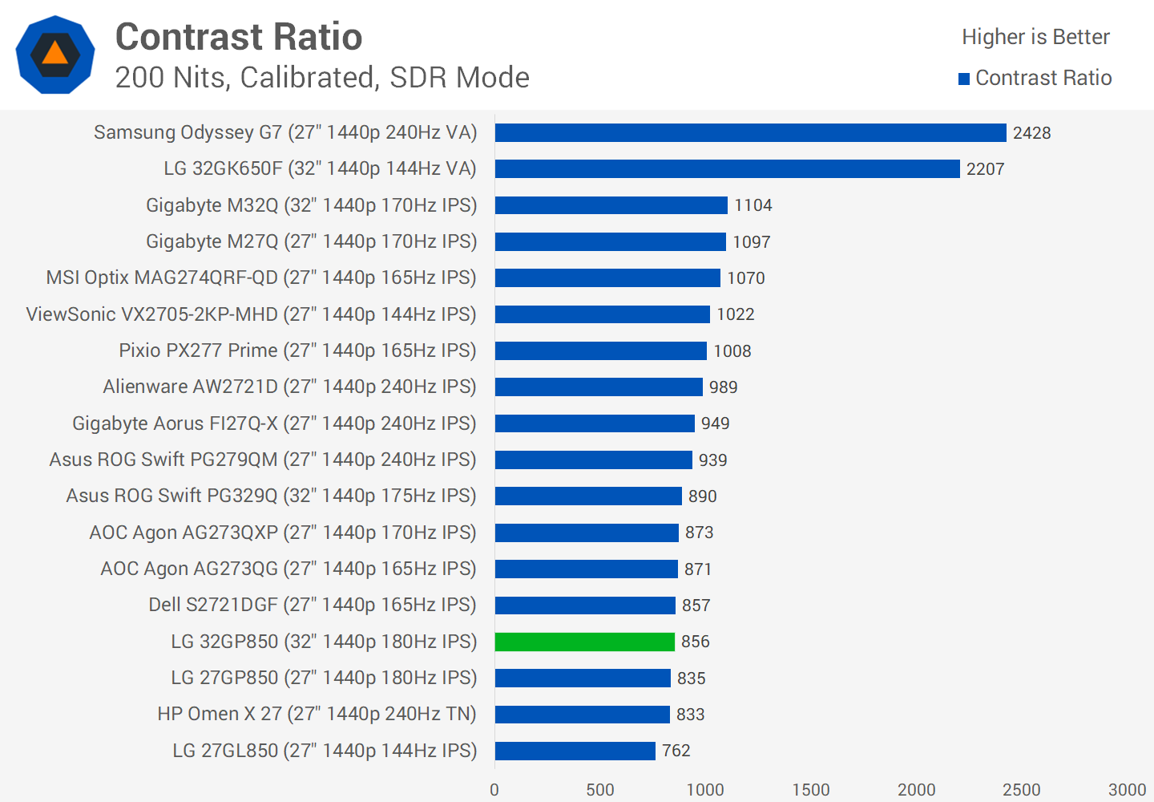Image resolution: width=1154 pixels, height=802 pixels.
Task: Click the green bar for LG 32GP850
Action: [585, 642]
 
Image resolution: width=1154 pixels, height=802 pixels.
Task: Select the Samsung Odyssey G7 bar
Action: [750, 132]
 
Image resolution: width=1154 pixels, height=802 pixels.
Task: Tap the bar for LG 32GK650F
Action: [727, 168]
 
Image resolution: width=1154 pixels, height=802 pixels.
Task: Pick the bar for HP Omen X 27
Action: [583, 714]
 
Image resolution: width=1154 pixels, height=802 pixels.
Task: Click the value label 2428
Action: [1031, 133]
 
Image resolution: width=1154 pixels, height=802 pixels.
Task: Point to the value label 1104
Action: [753, 205]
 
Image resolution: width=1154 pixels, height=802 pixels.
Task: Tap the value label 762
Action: [676, 751]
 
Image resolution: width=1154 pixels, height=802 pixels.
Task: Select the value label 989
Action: [723, 387]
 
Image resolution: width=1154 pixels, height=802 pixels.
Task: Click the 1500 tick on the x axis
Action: [810, 790]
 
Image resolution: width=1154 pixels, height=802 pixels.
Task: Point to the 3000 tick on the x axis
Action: [1127, 790]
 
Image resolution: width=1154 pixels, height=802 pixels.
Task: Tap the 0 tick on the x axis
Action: [494, 790]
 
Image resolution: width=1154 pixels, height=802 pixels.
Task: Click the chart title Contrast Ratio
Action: [239, 37]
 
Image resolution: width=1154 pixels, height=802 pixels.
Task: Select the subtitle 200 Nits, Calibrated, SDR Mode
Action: [322, 78]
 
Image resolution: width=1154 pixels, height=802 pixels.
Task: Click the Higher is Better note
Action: [1035, 37]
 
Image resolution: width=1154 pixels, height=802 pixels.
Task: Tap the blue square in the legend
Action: [964, 79]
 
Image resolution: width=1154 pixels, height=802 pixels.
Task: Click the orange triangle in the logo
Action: [54, 54]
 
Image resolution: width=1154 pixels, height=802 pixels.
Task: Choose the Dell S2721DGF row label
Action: [312, 605]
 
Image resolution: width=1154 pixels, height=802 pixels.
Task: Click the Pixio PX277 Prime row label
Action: [297, 350]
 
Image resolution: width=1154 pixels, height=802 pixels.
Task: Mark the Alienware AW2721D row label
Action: [289, 387]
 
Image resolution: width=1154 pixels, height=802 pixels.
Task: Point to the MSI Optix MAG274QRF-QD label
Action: [261, 277]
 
